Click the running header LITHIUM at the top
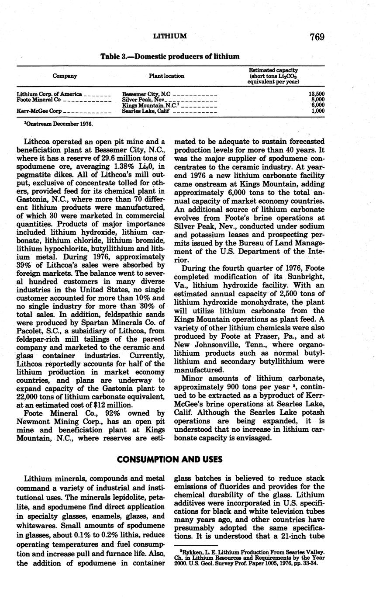coord(170,36)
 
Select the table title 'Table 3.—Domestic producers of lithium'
coord(170,56)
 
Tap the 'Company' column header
coord(65,76)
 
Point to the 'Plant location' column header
coord(166,76)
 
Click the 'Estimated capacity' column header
coord(273,70)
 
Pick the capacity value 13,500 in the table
coord(316,94)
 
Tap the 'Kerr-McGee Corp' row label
coord(39,111)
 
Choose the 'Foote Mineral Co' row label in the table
coord(39,100)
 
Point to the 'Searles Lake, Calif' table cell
coord(145,111)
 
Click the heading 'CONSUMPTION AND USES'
coord(170,459)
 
